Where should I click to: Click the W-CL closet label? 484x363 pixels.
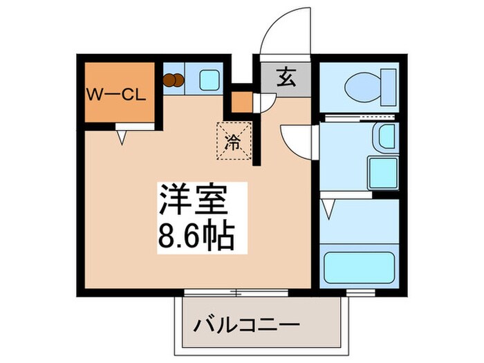click(116, 95)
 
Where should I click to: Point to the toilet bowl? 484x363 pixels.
click(362, 85)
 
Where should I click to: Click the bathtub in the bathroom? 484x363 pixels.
click(359, 267)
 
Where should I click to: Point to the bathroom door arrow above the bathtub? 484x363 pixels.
click(331, 207)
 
